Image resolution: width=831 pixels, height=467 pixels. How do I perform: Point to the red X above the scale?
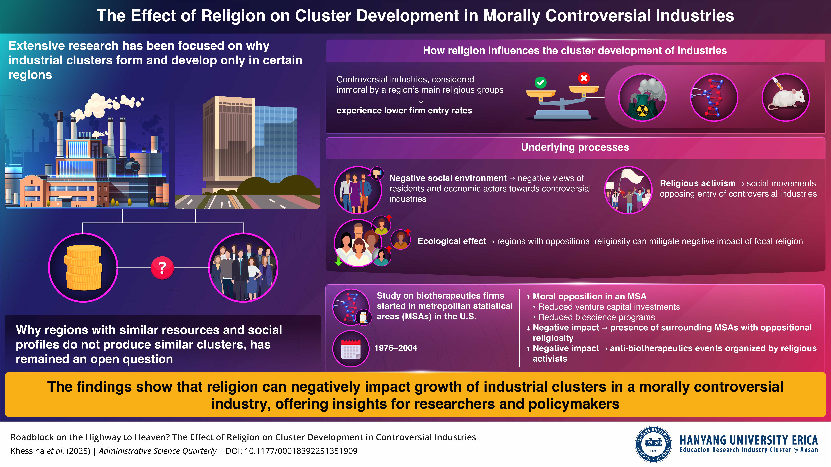tap(584, 78)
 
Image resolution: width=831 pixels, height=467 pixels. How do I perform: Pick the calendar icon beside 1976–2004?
tap(351, 349)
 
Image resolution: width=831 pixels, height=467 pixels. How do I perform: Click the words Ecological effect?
tap(452, 241)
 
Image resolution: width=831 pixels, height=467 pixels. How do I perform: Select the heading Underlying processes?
tap(575, 147)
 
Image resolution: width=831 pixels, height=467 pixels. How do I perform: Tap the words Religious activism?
tap(697, 183)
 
